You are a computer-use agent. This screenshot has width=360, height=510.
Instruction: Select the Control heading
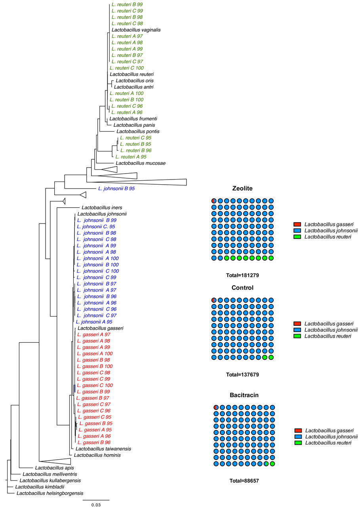[243, 288]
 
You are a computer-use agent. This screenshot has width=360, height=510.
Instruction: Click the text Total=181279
[242, 274]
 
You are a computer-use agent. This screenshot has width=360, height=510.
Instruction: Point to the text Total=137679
[242, 374]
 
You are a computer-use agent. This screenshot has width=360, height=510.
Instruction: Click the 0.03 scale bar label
[96, 505]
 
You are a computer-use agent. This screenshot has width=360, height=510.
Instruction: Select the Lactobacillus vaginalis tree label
[136, 30]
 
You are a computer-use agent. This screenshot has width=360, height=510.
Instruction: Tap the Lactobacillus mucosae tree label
[135, 163]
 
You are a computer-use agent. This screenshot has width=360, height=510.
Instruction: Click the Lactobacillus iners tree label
[102, 207]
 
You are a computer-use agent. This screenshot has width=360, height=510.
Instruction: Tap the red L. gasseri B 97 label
[92, 398]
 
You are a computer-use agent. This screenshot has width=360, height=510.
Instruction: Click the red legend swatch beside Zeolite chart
[298, 224]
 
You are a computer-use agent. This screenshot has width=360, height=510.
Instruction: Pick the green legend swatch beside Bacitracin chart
[299, 443]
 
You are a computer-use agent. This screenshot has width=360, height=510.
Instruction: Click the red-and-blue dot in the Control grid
[214, 300]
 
